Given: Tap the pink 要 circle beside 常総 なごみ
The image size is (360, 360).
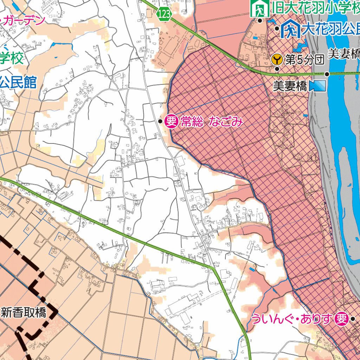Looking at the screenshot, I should [171, 122].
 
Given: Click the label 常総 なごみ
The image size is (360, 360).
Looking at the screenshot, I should [212, 122].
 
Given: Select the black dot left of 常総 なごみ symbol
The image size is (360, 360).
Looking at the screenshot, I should [160, 121].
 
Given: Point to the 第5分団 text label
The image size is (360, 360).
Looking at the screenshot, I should [304, 60].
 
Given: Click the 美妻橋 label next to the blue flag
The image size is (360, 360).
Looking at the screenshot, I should [290, 86].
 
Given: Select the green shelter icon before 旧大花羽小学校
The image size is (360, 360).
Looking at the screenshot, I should [260, 8].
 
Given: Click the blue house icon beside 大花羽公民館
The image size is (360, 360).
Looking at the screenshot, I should [290, 29].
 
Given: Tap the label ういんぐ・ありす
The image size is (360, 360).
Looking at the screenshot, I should [292, 319].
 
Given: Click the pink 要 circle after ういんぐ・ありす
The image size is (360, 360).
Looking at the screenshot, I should [341, 319].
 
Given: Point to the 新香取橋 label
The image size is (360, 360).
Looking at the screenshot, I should [24, 312].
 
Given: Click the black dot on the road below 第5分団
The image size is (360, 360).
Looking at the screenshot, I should [277, 69].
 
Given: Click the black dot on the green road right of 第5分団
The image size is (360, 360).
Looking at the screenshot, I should [327, 74].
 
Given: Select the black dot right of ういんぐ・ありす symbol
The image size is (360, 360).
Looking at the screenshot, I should [353, 319].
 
